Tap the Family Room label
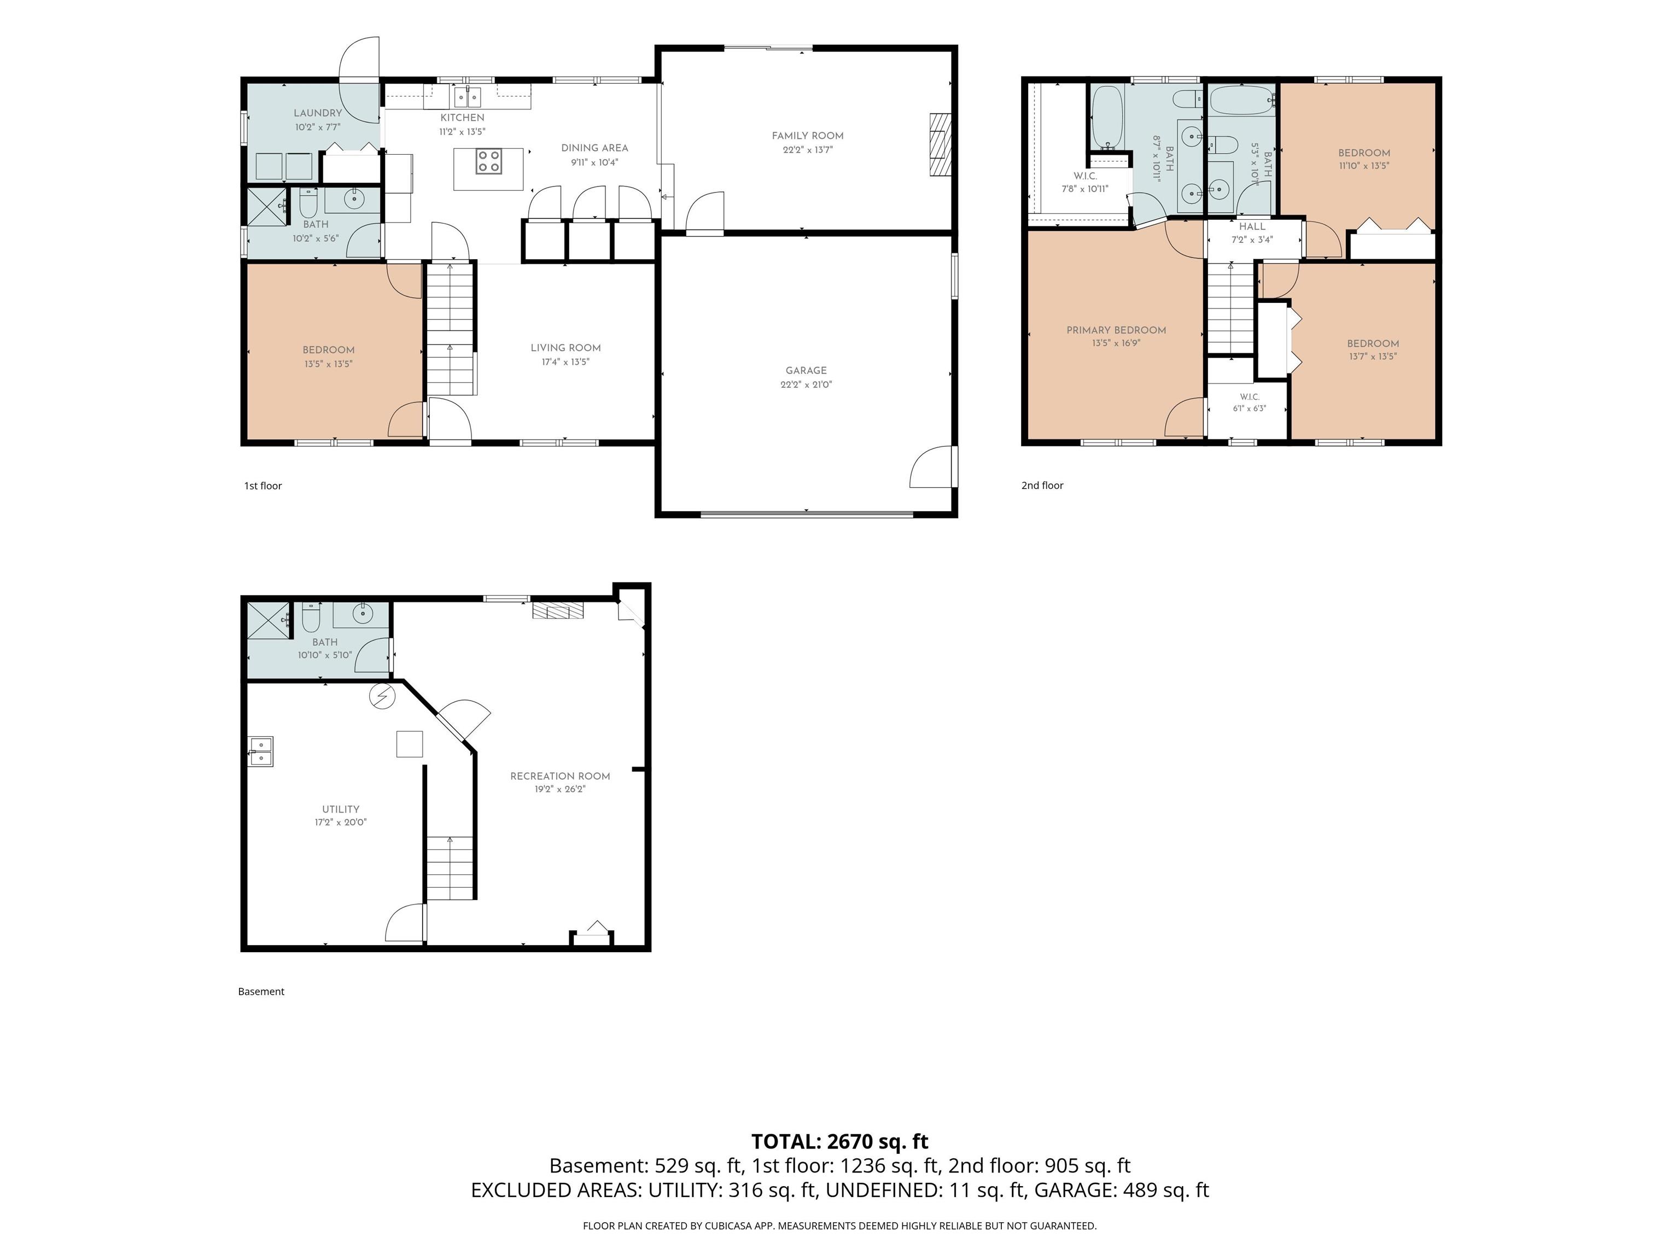(807, 136)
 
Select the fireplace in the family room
(940, 145)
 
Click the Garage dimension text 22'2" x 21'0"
(806, 384)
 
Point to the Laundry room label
(318, 113)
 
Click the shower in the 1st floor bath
(267, 206)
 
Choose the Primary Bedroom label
(1116, 330)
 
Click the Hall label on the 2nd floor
(1252, 226)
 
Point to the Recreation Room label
(560, 776)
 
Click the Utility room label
(340, 809)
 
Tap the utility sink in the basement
(260, 751)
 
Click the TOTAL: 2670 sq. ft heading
(839, 1141)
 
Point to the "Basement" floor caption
(261, 991)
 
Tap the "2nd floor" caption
(1042, 485)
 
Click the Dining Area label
(594, 148)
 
